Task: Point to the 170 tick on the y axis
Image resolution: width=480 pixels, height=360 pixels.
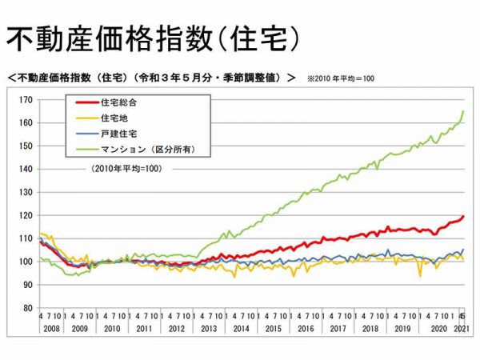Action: [26, 100]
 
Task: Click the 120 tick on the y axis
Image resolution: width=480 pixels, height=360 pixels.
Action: [26, 216]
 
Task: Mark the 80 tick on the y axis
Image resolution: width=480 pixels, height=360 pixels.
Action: [28, 308]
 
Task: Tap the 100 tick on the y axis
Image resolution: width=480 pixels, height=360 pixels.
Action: [26, 262]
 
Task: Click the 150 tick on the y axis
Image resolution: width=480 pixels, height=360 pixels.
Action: [26, 146]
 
